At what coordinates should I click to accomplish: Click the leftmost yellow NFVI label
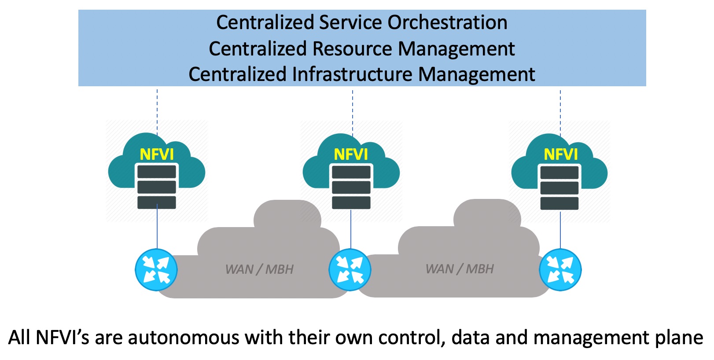pos(157,154)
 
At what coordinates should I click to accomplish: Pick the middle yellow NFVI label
pos(351,154)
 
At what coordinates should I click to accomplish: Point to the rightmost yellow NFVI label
pos(560,154)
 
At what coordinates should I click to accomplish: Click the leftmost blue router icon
pos(156,270)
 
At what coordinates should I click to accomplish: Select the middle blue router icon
pos(350,270)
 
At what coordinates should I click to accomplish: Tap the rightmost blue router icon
pos(560,270)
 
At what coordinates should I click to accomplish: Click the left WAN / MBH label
pos(259,269)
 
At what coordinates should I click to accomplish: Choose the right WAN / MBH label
pos(460,269)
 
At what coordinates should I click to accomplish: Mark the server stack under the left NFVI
pos(157,187)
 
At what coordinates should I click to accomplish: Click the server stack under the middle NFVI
pos(351,187)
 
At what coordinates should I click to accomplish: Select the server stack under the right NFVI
pos(559,187)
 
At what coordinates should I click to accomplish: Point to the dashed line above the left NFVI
pos(157,110)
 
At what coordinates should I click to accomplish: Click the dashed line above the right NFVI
pos(560,110)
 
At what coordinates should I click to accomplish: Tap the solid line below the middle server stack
pos(351,229)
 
